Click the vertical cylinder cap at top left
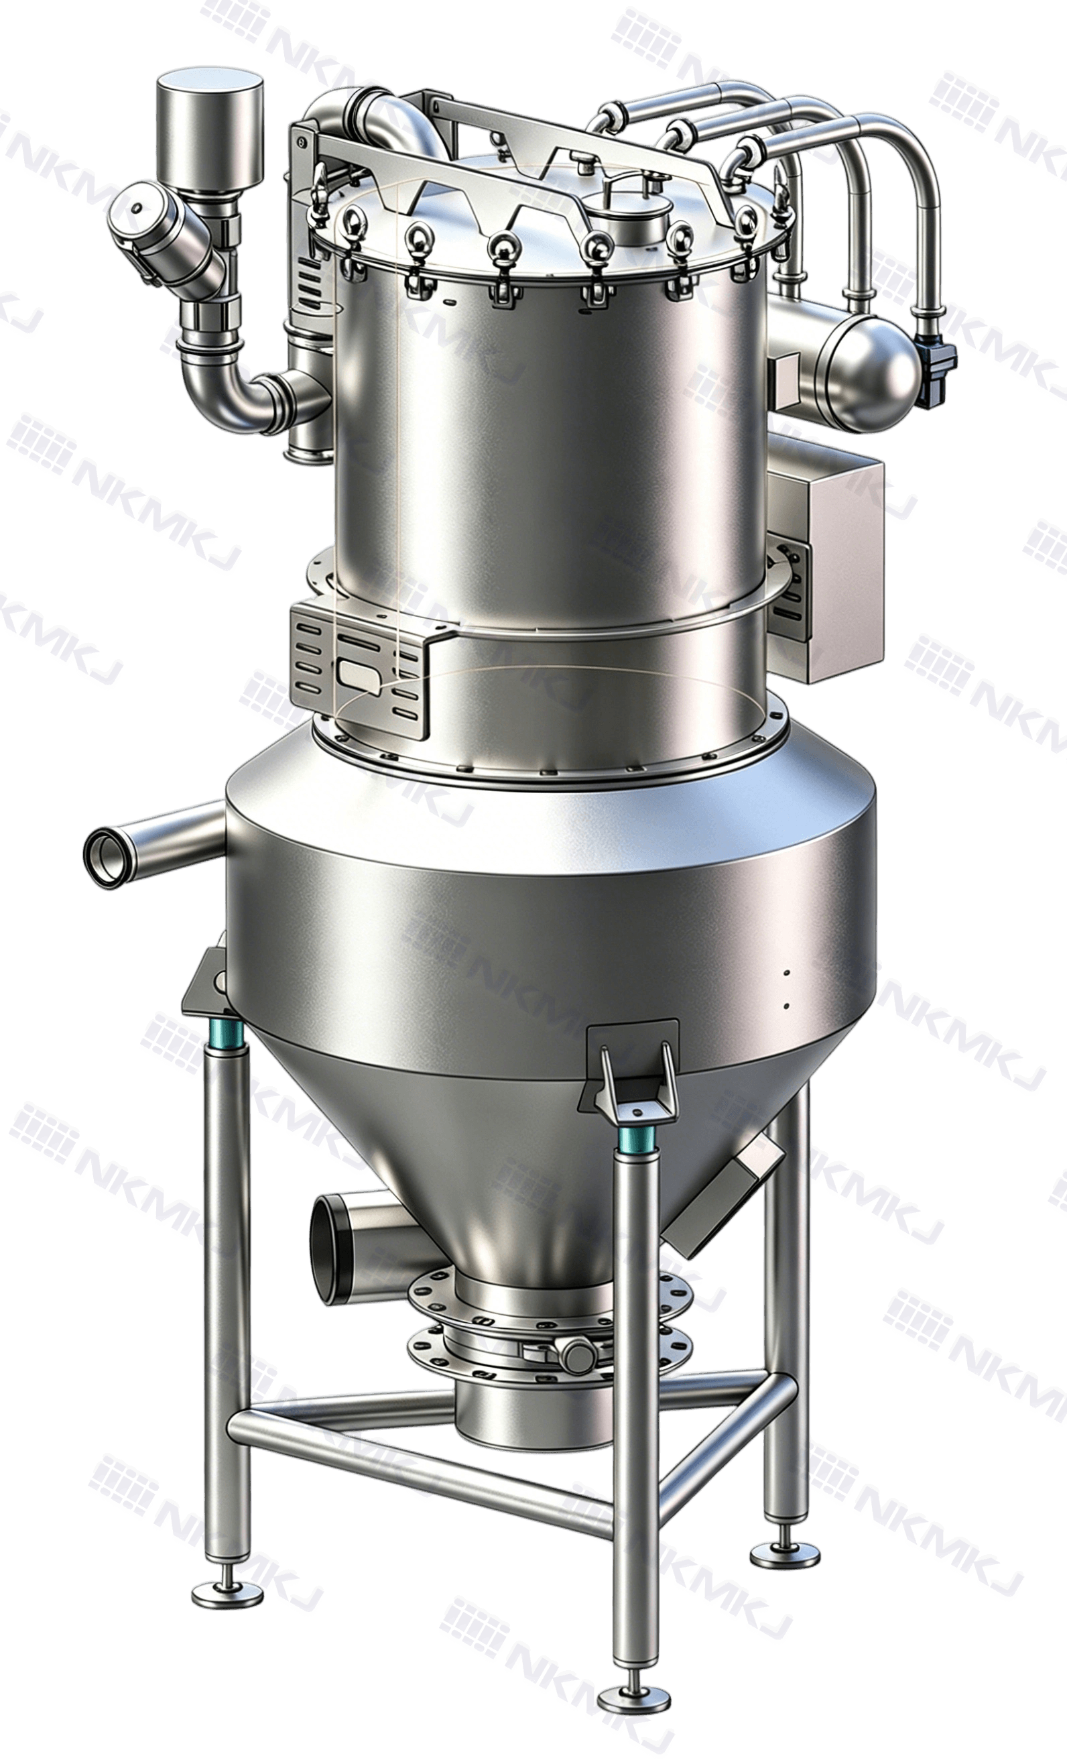click(209, 136)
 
